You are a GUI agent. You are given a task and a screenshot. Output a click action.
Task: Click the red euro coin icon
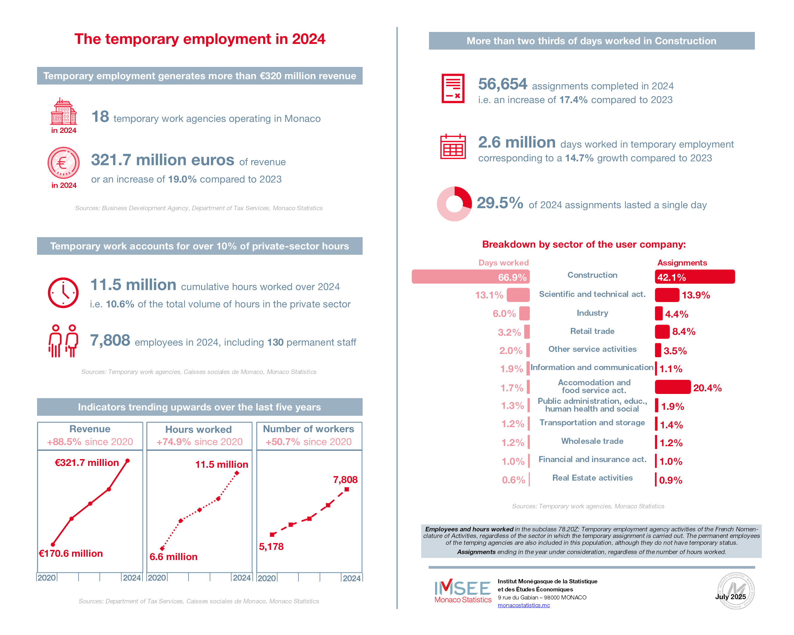[63, 162]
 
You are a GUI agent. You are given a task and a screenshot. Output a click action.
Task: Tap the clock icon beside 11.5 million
[63, 293]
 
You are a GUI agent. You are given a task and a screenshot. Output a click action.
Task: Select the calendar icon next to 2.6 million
[453, 146]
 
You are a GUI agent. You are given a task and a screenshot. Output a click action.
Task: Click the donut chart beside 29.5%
[454, 204]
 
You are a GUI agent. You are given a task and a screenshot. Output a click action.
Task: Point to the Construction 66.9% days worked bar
[471, 277]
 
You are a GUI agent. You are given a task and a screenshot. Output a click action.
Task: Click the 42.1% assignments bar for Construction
[695, 277]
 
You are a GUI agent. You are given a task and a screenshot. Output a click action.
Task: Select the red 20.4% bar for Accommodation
[673, 387]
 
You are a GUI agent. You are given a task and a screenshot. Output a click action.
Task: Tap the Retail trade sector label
[592, 331]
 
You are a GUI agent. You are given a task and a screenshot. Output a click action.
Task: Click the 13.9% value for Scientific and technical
[696, 295]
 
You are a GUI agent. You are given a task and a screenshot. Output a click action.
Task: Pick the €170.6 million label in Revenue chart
[71, 553]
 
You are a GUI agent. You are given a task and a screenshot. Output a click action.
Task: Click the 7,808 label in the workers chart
[345, 480]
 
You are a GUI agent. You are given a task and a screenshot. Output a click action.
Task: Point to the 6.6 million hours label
[174, 556]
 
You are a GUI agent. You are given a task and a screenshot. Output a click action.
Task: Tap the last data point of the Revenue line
[128, 461]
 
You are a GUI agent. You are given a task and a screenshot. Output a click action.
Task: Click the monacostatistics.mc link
[524, 605]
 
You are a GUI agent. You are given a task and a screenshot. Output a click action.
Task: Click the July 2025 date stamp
[731, 597]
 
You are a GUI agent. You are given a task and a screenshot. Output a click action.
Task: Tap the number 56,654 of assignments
[503, 84]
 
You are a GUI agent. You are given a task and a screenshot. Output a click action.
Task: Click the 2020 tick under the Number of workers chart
[267, 578]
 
